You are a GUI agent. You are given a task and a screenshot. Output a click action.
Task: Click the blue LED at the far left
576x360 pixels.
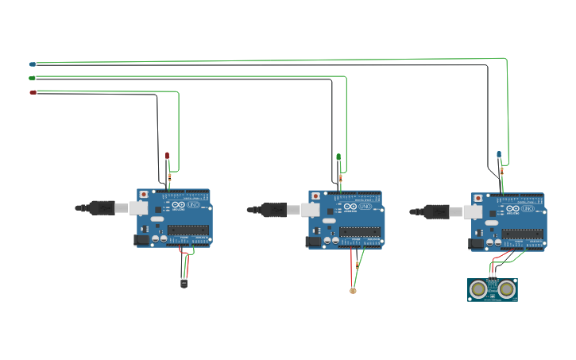tap(33, 64)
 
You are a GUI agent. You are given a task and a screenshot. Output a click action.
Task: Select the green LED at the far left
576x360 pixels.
tap(33, 78)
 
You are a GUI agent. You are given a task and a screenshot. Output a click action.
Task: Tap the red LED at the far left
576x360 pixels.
tap(33, 92)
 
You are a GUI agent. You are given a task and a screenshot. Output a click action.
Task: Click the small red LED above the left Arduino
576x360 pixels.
tap(167, 155)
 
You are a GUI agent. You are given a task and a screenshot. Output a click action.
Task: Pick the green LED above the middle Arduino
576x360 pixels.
tap(338, 157)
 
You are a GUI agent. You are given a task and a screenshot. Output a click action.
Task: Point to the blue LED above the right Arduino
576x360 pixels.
tap(499, 154)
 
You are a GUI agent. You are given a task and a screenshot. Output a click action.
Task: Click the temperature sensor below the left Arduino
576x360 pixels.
tap(184, 282)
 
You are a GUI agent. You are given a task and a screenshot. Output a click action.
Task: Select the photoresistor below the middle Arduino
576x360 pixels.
tap(353, 290)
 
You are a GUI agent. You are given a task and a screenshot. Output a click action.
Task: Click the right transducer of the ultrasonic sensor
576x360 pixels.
tap(506, 290)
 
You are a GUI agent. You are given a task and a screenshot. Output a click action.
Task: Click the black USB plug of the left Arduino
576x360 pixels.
tap(102, 208)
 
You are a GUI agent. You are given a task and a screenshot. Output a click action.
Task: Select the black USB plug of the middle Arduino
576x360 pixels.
tap(274, 210)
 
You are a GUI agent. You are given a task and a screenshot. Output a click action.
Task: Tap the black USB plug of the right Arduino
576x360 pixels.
tap(436, 211)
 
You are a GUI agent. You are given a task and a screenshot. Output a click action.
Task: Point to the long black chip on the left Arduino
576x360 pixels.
tap(188, 230)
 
